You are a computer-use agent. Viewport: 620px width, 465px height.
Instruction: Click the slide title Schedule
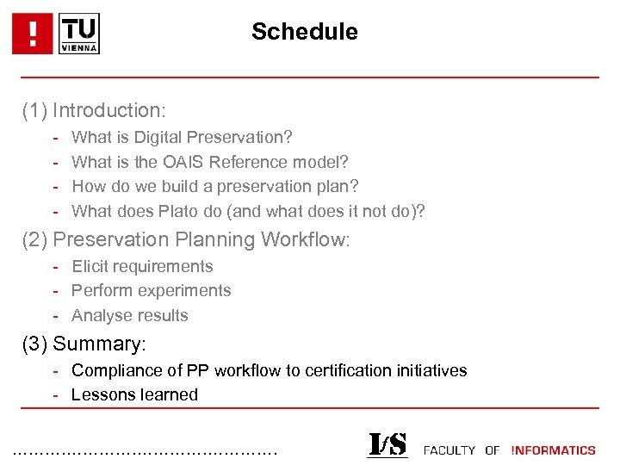[304, 33]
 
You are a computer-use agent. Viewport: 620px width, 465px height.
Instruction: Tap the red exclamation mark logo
[34, 34]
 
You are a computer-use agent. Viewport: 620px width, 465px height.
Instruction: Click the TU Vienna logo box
[79, 34]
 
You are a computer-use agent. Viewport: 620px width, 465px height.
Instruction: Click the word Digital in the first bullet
[158, 138]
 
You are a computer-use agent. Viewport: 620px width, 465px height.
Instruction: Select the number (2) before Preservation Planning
[34, 240]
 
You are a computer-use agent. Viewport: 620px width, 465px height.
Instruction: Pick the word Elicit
[90, 267]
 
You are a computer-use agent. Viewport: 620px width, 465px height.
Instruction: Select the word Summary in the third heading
[99, 344]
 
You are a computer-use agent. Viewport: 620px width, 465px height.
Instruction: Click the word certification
[345, 371]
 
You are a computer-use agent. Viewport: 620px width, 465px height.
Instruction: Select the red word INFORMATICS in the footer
[553, 450]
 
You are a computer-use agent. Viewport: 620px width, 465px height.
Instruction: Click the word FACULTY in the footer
[449, 450]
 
